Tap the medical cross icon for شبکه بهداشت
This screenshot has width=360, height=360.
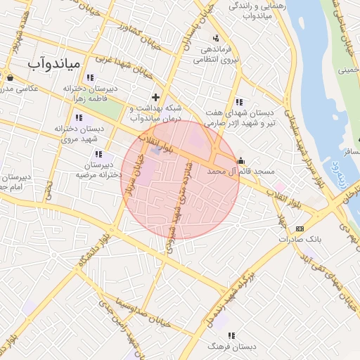click(155, 96)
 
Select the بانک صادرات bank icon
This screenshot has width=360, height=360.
click(300, 229)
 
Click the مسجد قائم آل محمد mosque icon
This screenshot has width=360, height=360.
click(241, 160)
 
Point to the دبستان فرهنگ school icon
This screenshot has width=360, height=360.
click(231, 336)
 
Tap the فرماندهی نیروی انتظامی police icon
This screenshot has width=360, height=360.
click(215, 37)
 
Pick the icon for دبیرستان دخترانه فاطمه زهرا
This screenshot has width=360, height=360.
click(90, 77)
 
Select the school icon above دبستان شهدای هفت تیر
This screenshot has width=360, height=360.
click(240, 101)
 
